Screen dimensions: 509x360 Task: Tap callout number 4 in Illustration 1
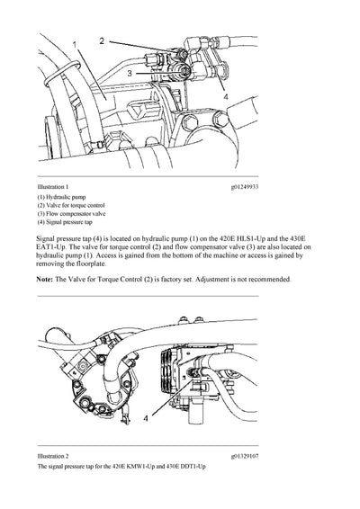point(226,96)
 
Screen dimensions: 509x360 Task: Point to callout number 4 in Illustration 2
point(146,417)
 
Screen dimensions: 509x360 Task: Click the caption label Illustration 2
point(56,456)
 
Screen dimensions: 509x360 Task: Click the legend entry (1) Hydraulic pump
point(64,197)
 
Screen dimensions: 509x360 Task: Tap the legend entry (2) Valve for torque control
point(76,206)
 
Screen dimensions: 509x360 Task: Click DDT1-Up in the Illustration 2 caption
point(192,468)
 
